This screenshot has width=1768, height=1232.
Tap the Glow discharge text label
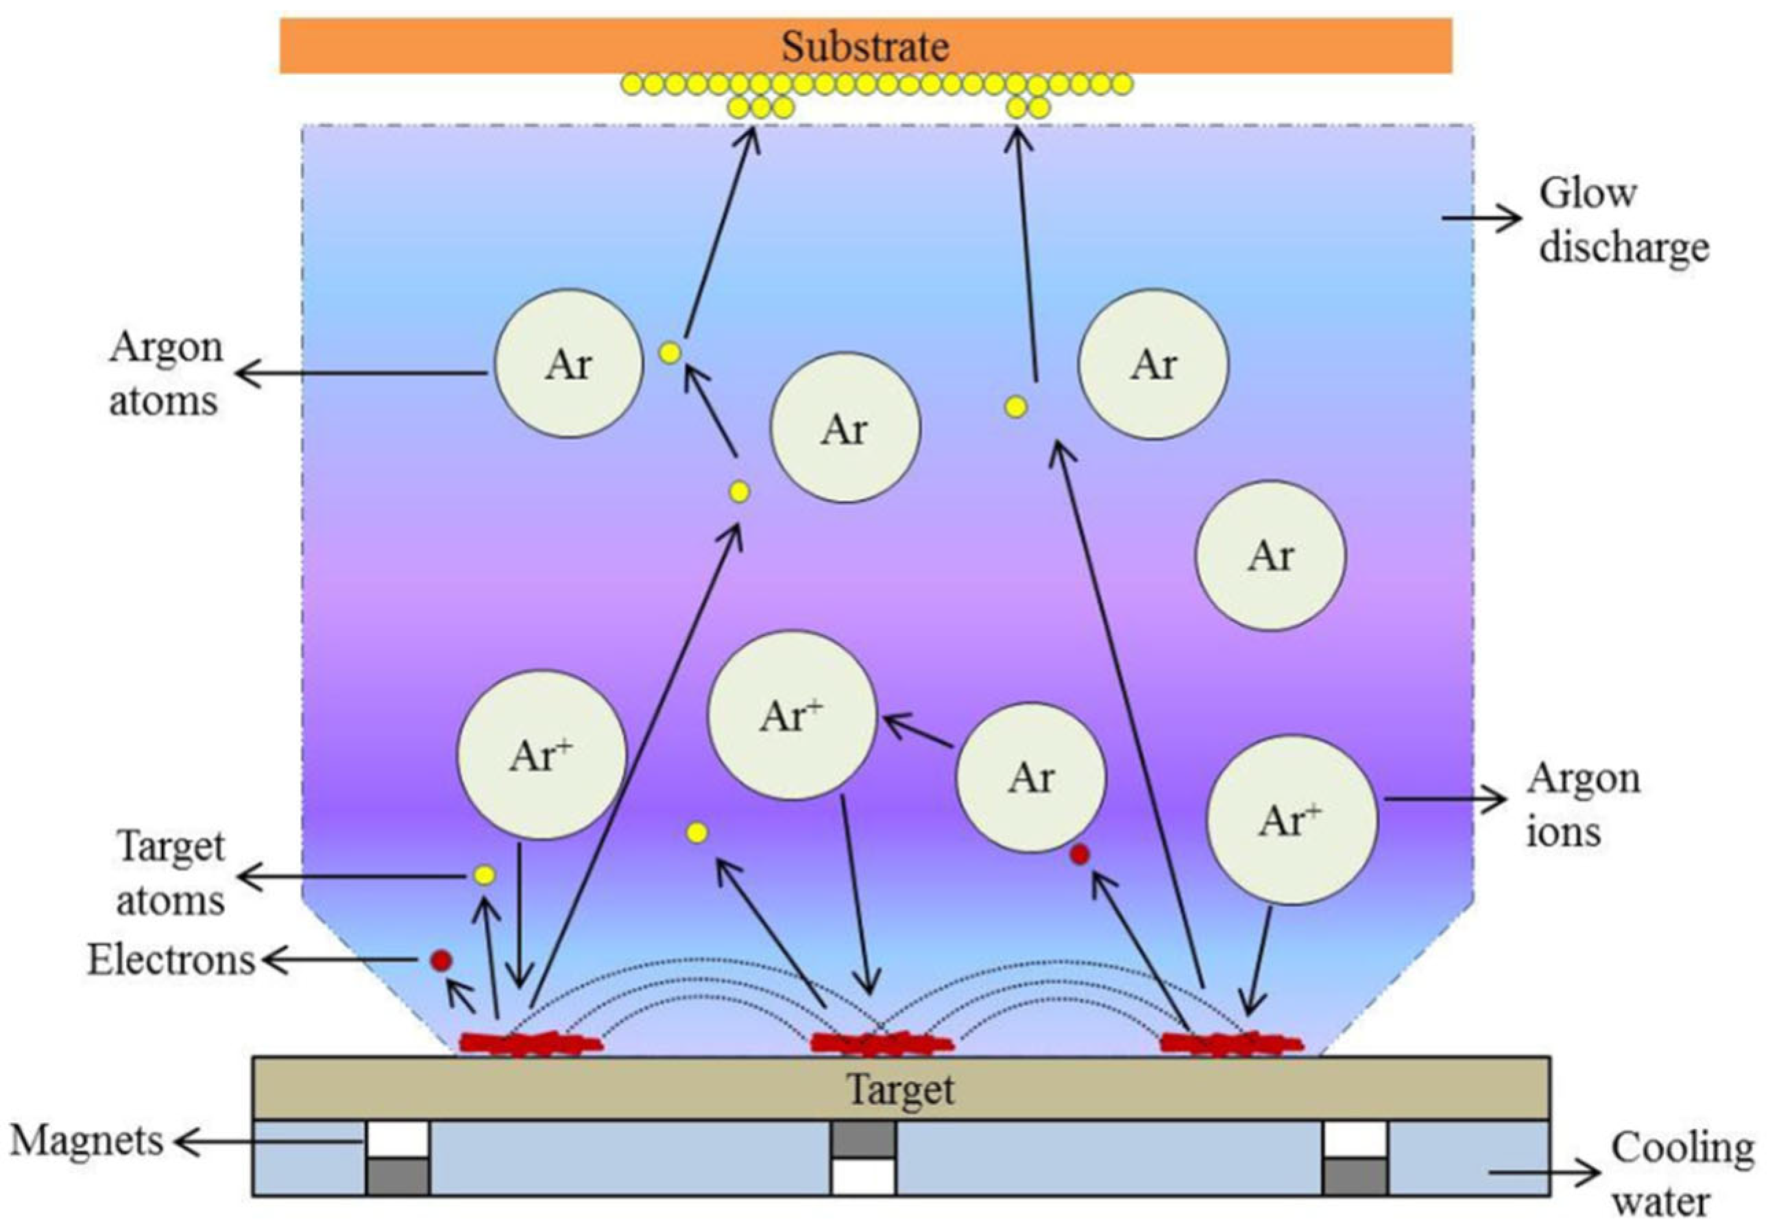click(1623, 221)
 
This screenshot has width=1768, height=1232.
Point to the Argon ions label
click(1582, 805)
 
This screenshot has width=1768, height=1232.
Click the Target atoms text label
click(170, 874)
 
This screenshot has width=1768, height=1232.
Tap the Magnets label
click(86, 1140)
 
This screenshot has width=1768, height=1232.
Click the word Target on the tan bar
click(900, 1089)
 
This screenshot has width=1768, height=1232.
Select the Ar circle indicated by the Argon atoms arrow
click(568, 363)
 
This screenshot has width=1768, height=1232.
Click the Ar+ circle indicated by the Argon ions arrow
click(1291, 820)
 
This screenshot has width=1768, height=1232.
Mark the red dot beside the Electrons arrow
click(441, 961)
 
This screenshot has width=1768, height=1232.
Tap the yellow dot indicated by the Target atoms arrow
click(485, 875)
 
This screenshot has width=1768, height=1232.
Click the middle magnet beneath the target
click(863, 1157)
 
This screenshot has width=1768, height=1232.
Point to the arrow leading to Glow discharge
click(1480, 218)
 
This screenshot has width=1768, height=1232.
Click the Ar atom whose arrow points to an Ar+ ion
click(1030, 777)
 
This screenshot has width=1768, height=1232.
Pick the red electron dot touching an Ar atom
click(1080, 854)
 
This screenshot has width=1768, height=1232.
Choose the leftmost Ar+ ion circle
click(542, 755)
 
